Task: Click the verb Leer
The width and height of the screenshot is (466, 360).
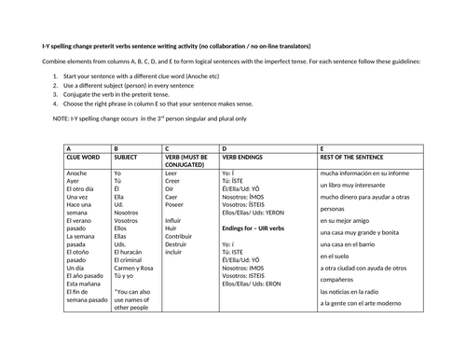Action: pyautogui.click(x=171, y=173)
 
